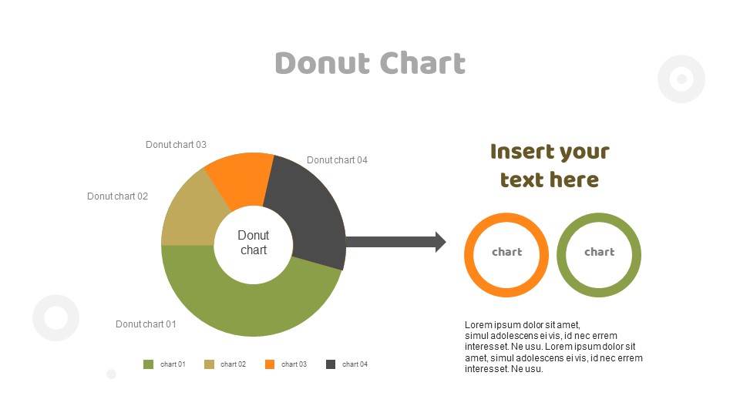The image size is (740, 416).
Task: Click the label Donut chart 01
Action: coord(146,324)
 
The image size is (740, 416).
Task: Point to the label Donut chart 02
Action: coord(117,196)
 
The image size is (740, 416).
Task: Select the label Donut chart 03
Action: coord(176,145)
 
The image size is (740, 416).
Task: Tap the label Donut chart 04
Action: coord(337,160)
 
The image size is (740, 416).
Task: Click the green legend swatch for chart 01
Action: coord(148,364)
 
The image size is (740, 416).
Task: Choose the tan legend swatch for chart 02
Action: coord(209,364)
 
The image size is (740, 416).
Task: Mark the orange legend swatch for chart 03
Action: coord(270,364)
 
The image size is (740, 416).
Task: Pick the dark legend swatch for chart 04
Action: coord(331,364)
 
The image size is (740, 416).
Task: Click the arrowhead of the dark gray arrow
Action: coord(440,242)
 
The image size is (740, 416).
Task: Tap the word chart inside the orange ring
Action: coord(506,252)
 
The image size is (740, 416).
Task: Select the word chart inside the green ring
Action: coord(599,252)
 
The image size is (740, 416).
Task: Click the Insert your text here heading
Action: coord(550,166)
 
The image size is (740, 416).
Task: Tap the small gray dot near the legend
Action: coord(111,374)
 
